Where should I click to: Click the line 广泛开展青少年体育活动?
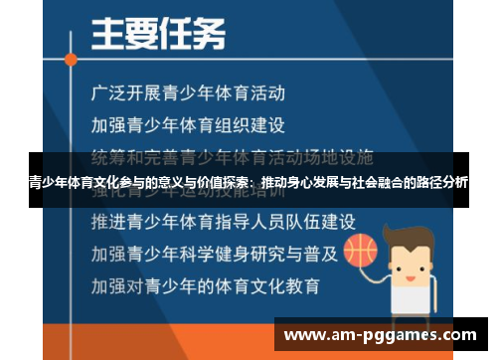(x=188, y=94)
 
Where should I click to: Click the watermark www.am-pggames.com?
(x=384, y=335)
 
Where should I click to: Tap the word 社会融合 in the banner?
(x=360, y=183)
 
